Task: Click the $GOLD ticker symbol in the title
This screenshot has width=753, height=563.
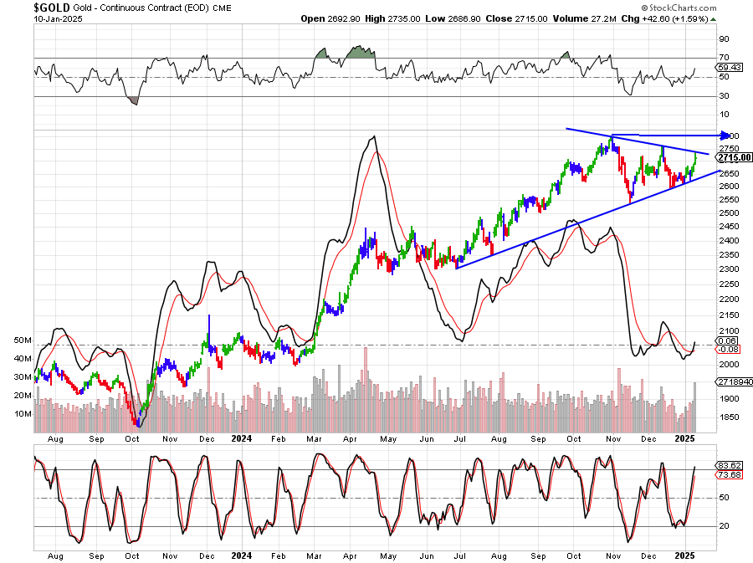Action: tap(51, 7)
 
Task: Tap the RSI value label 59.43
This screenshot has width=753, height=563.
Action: tap(729, 66)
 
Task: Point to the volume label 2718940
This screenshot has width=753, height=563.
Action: tap(734, 381)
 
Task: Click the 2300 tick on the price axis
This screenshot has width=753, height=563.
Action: tap(729, 269)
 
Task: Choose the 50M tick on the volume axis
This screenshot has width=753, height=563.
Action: tap(23, 341)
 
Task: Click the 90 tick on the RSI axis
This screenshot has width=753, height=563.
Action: tap(725, 38)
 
